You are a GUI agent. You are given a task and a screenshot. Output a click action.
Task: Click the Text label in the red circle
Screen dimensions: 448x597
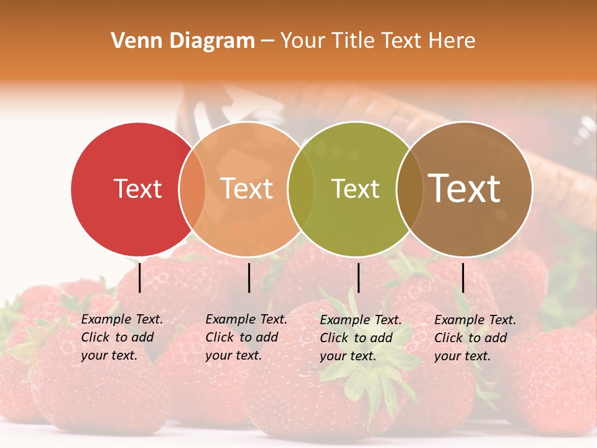[137, 189]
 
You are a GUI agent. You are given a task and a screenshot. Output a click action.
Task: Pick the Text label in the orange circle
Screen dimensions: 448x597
[247, 189]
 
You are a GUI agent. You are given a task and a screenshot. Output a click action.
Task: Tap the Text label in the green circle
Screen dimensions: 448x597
[355, 189]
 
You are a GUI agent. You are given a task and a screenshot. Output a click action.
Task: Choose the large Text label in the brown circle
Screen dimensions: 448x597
[465, 189]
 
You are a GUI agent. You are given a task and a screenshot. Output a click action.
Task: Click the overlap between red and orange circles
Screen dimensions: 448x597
[192, 189]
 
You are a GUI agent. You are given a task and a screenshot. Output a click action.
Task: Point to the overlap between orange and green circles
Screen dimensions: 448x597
[301, 189]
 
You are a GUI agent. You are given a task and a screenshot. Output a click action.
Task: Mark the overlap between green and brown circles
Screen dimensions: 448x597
[409, 189]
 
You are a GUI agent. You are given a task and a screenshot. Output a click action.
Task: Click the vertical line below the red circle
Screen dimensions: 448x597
[139, 278]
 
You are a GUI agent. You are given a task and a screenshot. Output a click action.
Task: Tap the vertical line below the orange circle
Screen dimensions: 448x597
[249, 278]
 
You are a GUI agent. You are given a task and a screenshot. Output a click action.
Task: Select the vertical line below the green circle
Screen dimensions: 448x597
[358, 278]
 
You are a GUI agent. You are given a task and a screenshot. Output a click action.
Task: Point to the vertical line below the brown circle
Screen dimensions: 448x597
[463, 278]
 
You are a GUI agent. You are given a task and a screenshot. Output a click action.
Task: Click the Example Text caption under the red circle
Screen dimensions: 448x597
[121, 337]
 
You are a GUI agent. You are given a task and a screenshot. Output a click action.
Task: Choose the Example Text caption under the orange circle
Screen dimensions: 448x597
[246, 337]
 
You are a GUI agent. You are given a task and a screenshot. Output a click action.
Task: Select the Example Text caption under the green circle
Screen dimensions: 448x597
[360, 338]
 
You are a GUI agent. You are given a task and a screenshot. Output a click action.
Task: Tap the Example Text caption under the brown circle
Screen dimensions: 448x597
[474, 338]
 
